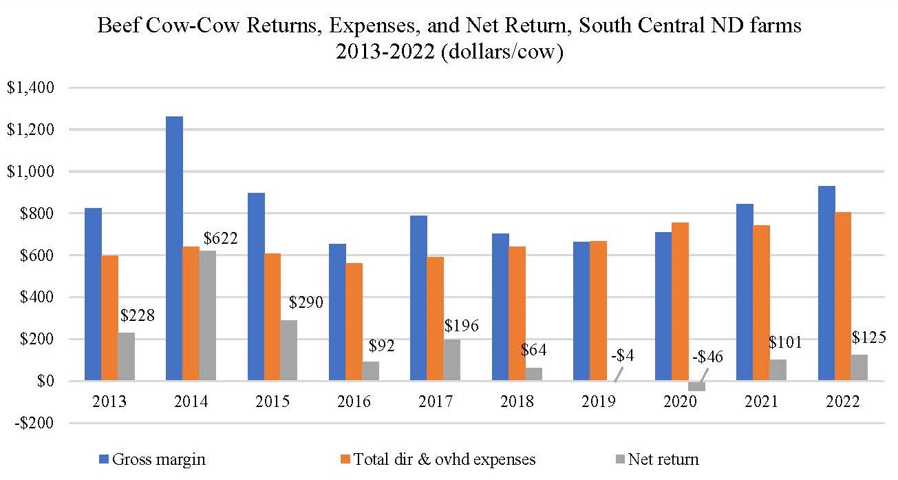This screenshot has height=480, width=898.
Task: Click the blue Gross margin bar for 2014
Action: click(x=174, y=249)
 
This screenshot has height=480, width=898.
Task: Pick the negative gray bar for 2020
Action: click(x=696, y=386)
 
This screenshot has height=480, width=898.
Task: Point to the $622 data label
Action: click(x=220, y=239)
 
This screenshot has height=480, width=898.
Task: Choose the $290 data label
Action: click(x=306, y=302)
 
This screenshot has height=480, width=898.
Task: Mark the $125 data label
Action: click(x=869, y=337)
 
